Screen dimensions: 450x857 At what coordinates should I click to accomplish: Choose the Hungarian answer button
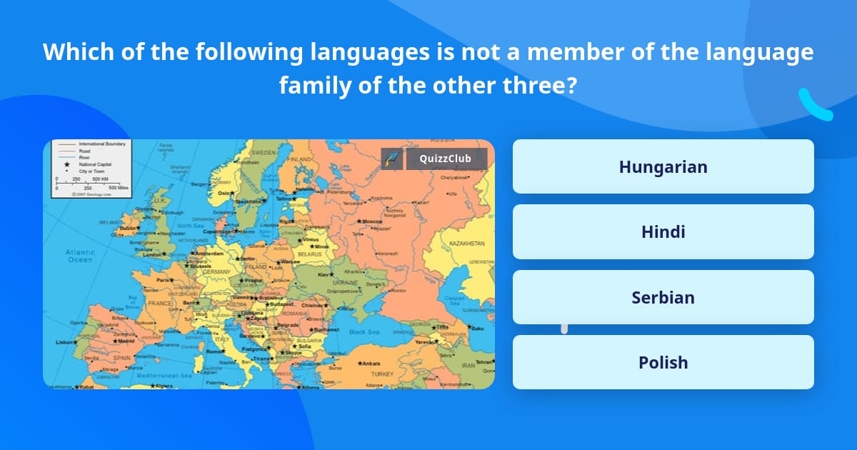coord(663,166)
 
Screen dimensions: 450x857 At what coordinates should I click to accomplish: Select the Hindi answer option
coord(663,231)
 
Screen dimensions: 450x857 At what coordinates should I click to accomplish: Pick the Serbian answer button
coord(663,297)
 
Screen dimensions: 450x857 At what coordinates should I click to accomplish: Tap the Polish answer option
coord(663,362)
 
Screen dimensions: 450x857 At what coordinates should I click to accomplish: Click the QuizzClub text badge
coord(446,159)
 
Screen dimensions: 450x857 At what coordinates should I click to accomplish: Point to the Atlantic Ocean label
coord(80,256)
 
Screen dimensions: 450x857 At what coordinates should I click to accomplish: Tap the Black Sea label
coord(364,331)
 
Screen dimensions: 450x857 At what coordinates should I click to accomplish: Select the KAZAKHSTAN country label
coord(467,244)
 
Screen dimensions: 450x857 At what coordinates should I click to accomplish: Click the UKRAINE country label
coord(346,283)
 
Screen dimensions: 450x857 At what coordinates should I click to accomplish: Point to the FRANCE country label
coord(160,303)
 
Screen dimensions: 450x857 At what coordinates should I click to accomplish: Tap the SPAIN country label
coord(121,358)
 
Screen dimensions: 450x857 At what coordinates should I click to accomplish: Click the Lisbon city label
coord(65,342)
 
